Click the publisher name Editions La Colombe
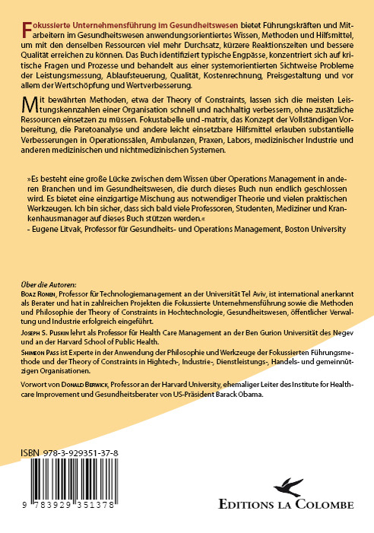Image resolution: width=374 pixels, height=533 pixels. [306, 507]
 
